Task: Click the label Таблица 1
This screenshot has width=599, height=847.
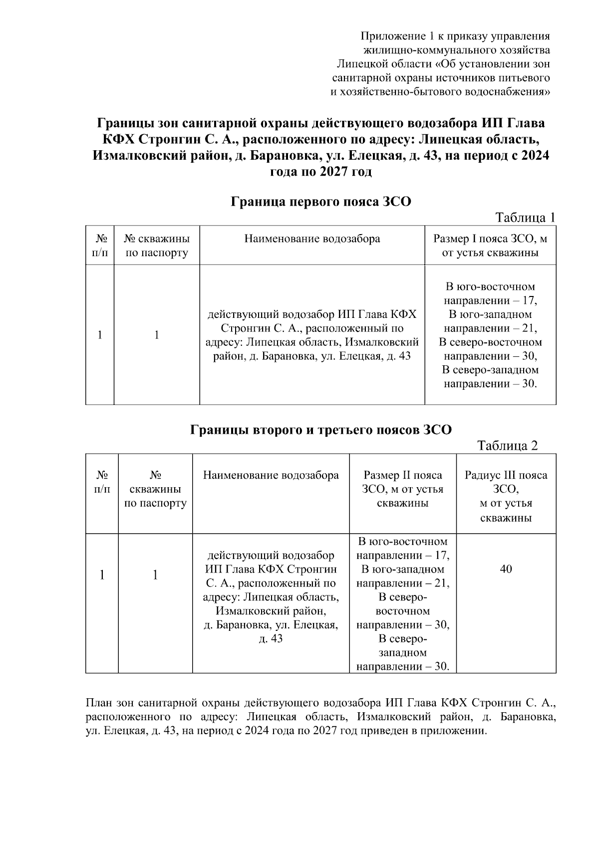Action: (525, 218)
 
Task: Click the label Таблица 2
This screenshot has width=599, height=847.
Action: (507, 446)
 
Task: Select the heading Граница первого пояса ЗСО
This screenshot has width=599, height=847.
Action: (320, 202)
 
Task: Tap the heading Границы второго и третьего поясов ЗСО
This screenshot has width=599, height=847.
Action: (320, 430)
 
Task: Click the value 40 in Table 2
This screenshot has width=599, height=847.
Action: (506, 569)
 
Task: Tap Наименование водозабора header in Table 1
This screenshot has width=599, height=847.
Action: (312, 239)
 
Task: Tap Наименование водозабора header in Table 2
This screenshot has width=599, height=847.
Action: (271, 475)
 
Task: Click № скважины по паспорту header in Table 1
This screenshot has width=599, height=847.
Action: (156, 246)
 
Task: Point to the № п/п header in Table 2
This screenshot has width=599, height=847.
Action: (102, 482)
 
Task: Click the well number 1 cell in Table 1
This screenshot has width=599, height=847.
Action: (156, 335)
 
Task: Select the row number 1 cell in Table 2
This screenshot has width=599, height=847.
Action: (102, 575)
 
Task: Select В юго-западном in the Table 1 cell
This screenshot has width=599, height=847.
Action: (490, 314)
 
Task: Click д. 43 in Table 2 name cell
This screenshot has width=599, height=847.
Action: (271, 638)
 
